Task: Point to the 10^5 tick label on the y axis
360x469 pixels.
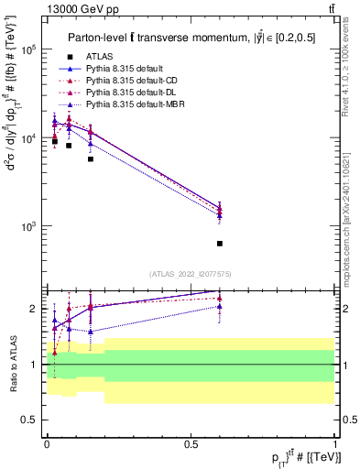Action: point(27,49)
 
